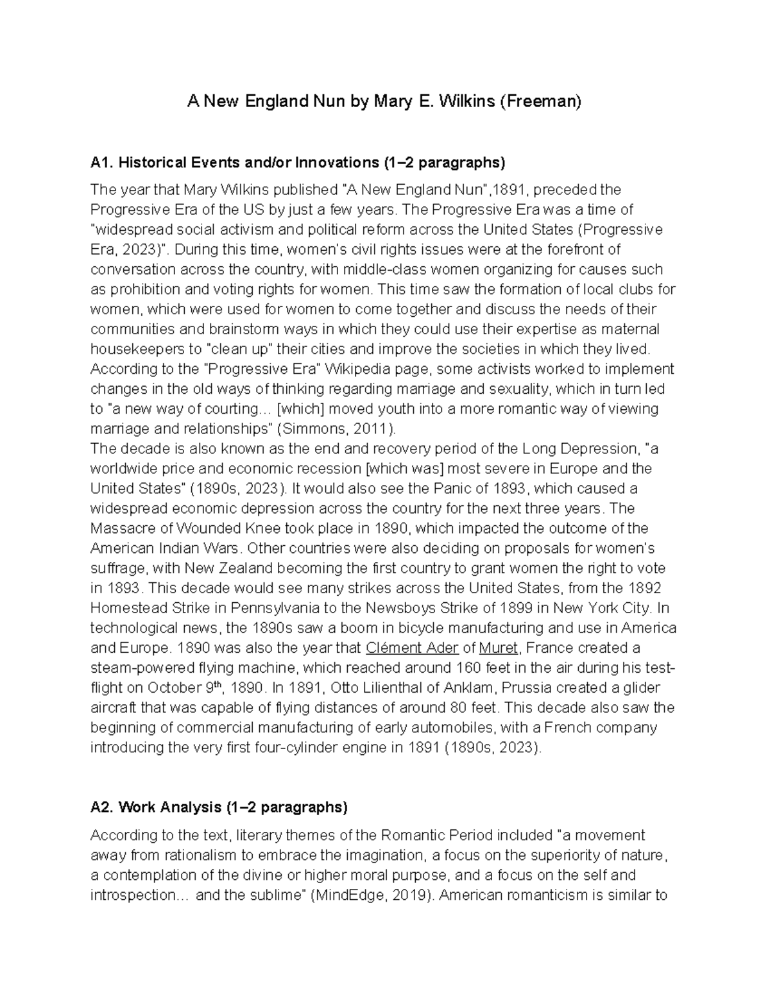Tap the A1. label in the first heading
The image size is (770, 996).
click(102, 163)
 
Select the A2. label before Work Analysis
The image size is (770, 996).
click(103, 807)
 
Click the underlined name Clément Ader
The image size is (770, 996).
click(411, 648)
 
